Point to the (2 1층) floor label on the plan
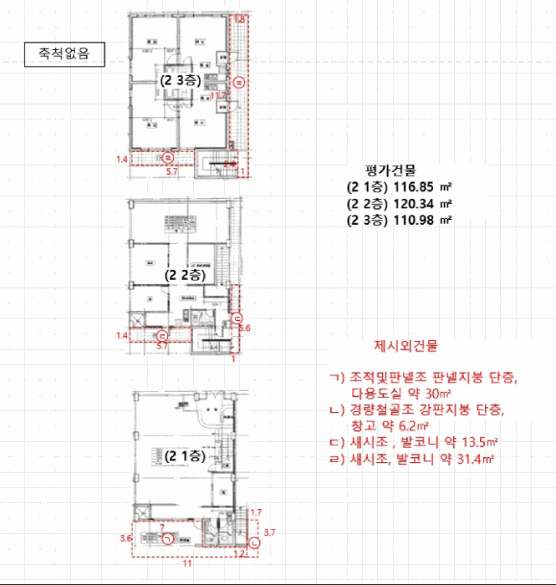pyautogui.click(x=184, y=456)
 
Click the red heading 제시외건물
pyautogui.click(x=406, y=345)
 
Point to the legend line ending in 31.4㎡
pyautogui.click(x=414, y=460)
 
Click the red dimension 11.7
pyautogui.click(x=219, y=97)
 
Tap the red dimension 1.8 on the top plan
pyautogui.click(x=240, y=18)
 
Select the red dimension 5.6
pyautogui.click(x=245, y=328)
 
